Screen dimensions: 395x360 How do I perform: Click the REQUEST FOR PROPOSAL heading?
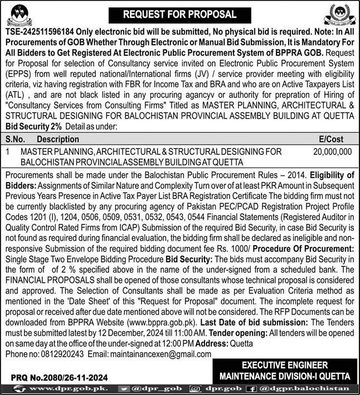coord(179,14)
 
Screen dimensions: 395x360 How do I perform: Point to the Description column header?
coord(58,139)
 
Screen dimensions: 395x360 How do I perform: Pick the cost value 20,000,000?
coord(332,151)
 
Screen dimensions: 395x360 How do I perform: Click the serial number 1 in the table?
coord(8,151)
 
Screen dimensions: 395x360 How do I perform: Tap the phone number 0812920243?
coord(57,354)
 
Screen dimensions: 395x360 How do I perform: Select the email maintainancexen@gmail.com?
coord(160,354)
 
